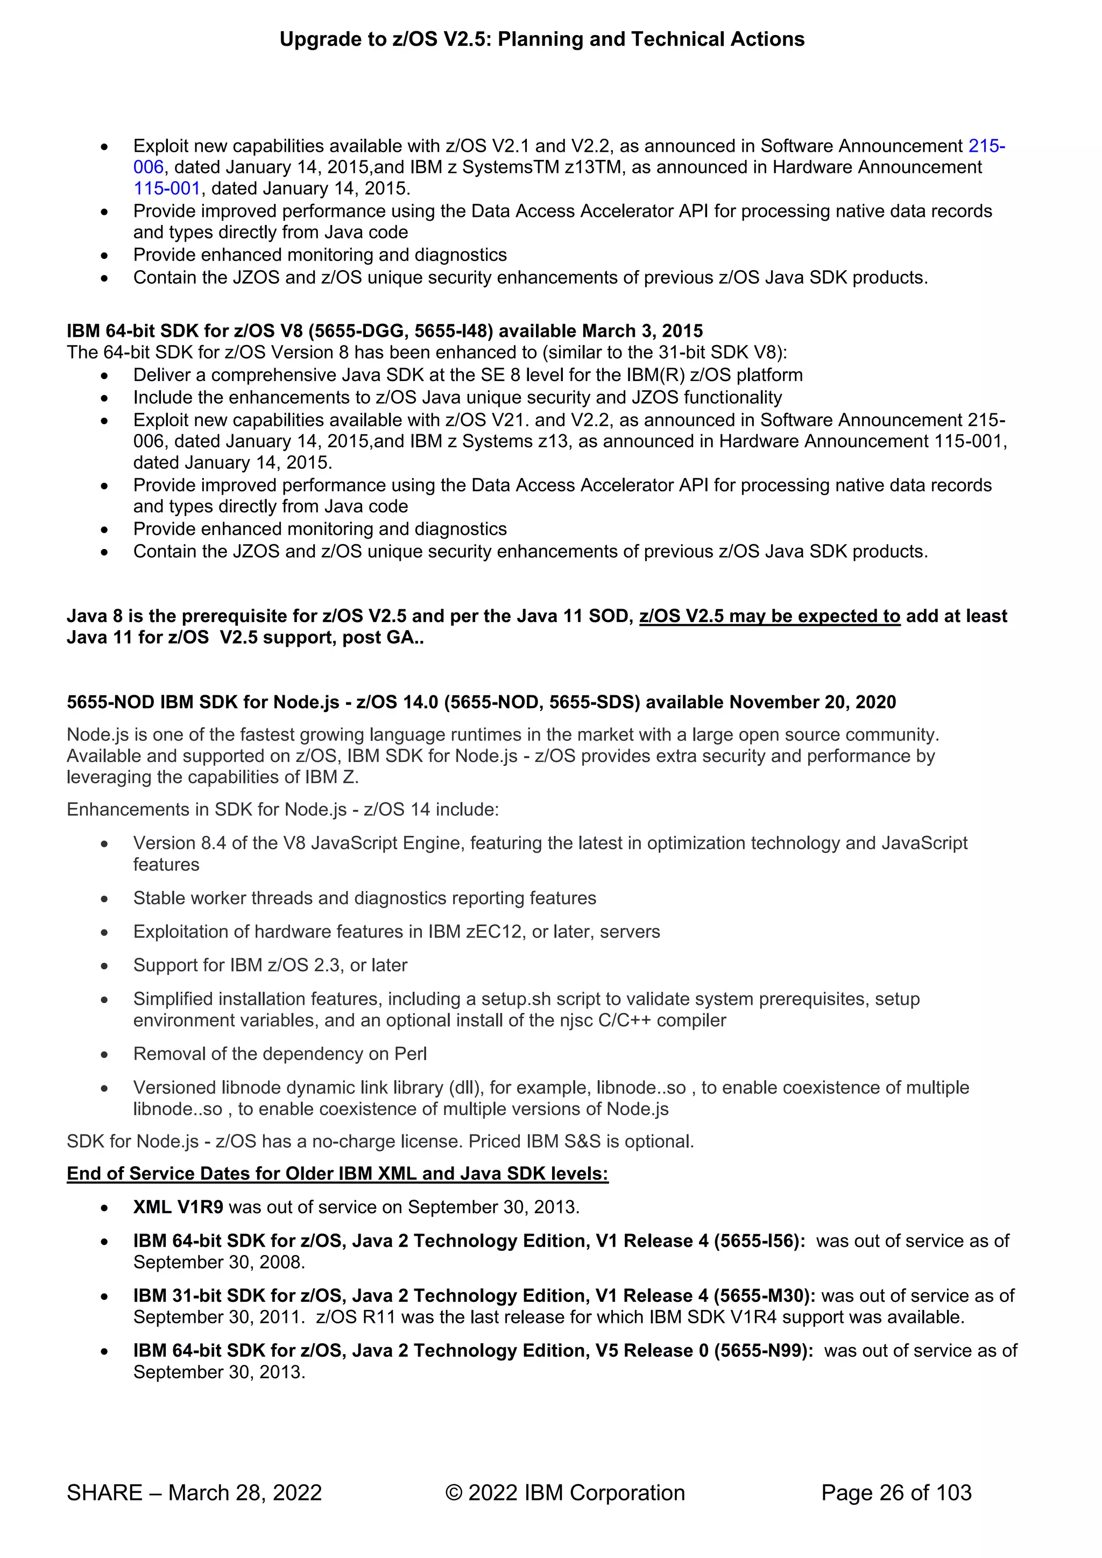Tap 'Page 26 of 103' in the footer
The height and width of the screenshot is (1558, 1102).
(x=896, y=1492)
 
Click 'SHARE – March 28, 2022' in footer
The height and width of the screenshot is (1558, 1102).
(x=194, y=1492)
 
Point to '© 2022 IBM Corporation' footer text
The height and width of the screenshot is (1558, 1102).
(x=564, y=1492)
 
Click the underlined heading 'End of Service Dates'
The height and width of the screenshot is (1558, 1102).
(x=337, y=1173)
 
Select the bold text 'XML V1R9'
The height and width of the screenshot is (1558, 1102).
(x=178, y=1207)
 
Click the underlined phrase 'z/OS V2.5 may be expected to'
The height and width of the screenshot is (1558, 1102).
(x=769, y=616)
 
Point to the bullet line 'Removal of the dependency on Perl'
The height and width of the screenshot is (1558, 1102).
(x=280, y=1054)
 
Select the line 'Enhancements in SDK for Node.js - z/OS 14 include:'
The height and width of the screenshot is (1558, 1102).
(x=282, y=809)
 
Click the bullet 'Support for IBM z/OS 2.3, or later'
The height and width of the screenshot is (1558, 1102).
(x=270, y=965)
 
